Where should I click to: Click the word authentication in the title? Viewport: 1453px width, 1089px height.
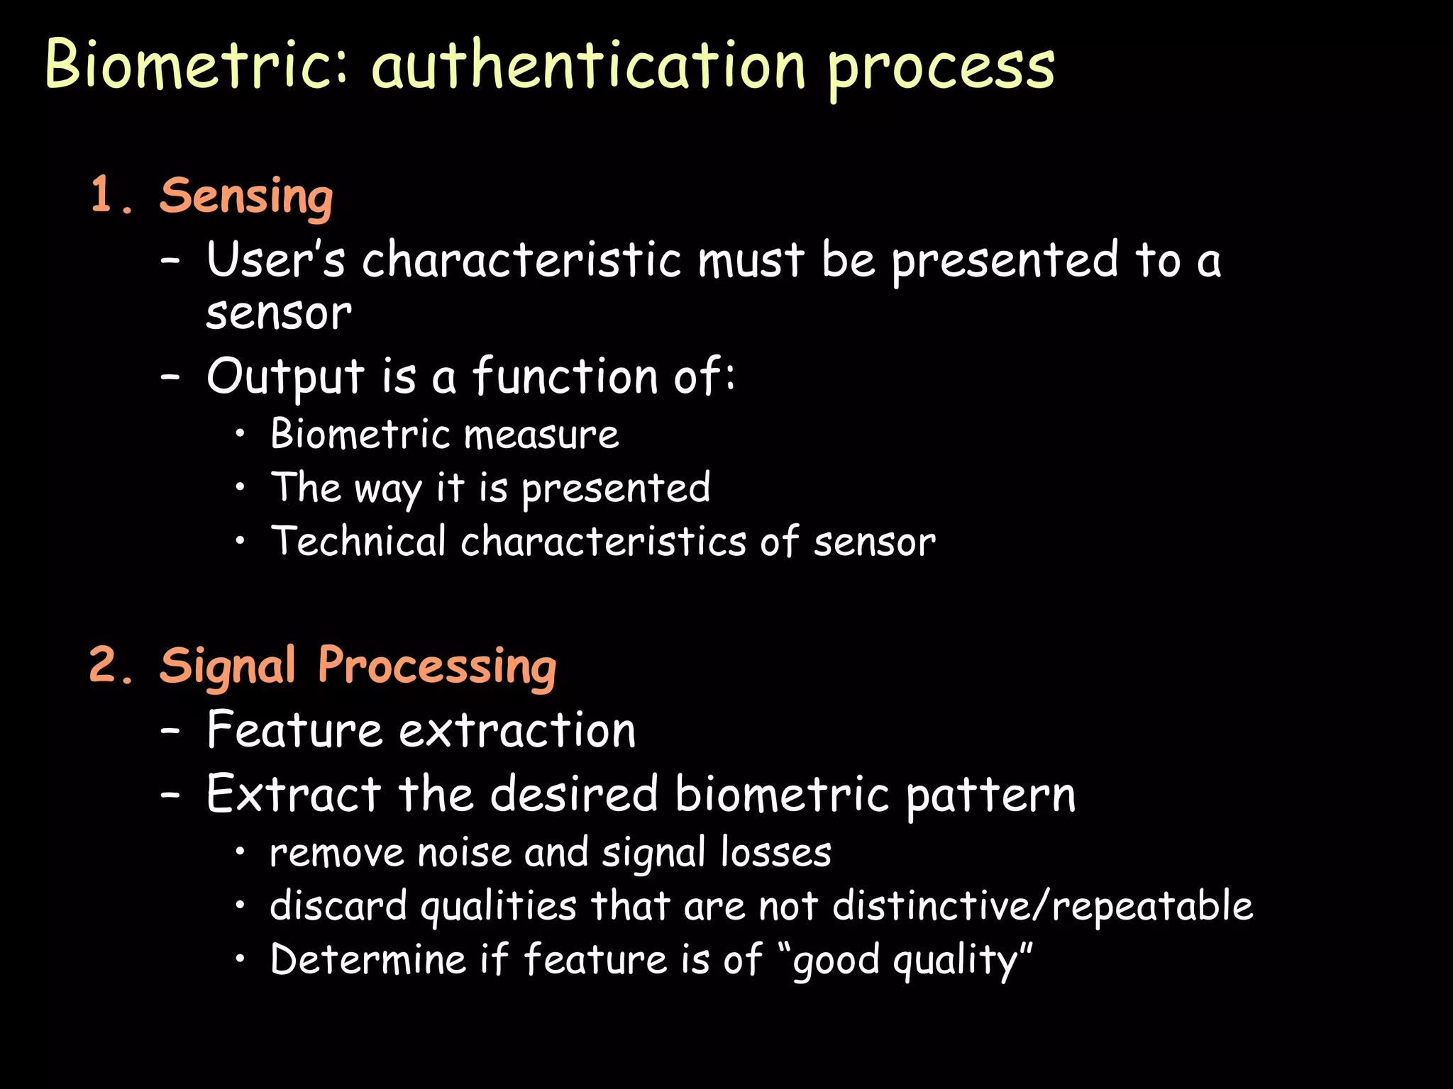tap(589, 65)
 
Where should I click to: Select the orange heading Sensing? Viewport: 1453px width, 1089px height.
tap(246, 196)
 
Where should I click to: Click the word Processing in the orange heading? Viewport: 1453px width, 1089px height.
tap(437, 667)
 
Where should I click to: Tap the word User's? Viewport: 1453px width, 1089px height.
tap(275, 259)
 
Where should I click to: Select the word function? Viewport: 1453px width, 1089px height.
tap(565, 376)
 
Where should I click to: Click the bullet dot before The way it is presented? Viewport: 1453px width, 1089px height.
tap(241, 487)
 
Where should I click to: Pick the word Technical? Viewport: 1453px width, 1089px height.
tap(358, 542)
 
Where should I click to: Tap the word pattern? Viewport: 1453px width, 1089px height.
tap(990, 795)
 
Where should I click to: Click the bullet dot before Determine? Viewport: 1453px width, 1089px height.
tap(241, 959)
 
